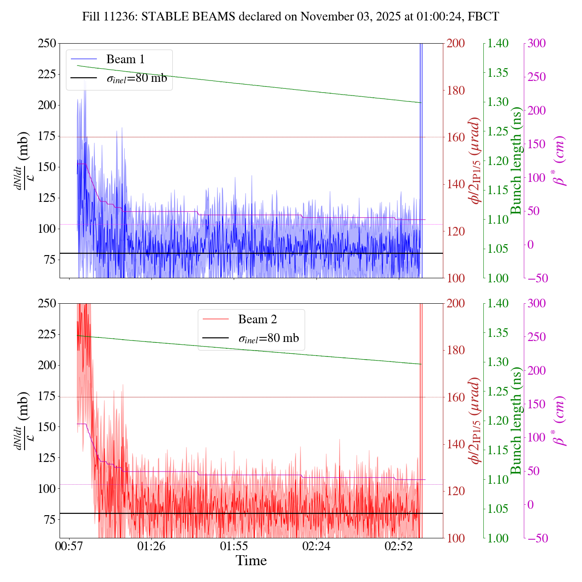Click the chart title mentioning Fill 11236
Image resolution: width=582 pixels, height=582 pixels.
pyautogui.click(x=291, y=17)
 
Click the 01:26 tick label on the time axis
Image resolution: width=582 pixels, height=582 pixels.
pyautogui.click(x=151, y=545)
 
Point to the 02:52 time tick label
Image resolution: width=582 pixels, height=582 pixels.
pyautogui.click(x=398, y=545)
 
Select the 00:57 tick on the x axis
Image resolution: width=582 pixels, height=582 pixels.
pyautogui.click(x=69, y=545)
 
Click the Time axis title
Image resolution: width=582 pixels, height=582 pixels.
pyautogui.click(x=251, y=561)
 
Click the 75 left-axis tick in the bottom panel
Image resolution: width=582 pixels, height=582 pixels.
pyautogui.click(x=49, y=520)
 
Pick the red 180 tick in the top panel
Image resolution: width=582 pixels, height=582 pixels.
pyautogui.click(x=456, y=90)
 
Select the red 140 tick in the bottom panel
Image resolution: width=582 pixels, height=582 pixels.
pyautogui.click(x=456, y=444)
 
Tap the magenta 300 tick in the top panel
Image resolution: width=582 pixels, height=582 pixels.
pyautogui.click(x=537, y=44)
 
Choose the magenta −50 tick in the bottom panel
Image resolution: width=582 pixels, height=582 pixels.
pyautogui.click(x=537, y=538)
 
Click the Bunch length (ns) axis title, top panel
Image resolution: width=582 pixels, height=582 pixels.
pyautogui.click(x=516, y=161)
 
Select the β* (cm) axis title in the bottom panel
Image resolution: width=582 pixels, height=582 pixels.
pyautogui.click(x=560, y=421)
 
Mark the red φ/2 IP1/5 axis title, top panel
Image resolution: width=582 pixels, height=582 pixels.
pyautogui.click(x=475, y=161)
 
